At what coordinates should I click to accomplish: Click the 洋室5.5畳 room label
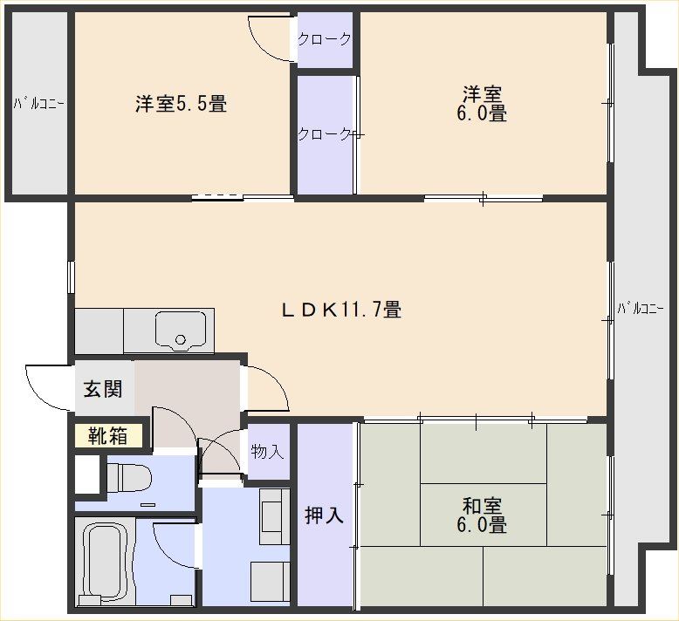pos(181,104)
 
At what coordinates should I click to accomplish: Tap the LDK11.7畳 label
pos(341,310)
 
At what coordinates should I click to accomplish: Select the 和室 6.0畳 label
pos(482,515)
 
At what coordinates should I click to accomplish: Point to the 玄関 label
pos(103,389)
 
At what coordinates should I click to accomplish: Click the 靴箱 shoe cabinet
pos(108,435)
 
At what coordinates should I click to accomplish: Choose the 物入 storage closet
pos(268,452)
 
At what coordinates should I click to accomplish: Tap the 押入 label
pos(325,515)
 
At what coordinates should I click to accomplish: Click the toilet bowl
pos(128,478)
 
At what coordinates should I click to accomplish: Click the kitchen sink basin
pos(181,330)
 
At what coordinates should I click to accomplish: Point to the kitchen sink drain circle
pos(181,339)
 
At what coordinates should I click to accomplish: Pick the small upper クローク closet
pos(325,39)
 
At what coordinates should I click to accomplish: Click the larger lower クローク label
pos(325,134)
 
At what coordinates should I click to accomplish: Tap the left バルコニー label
pos(39,104)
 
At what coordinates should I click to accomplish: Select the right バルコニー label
pos(641,309)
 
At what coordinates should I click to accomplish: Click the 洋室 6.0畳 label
pos(482,104)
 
